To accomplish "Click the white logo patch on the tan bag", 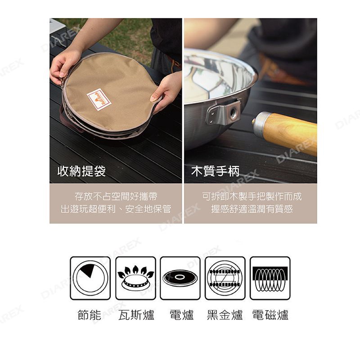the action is point(99,99).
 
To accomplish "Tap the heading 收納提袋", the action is point(81,171).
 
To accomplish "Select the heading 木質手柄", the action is point(216,171).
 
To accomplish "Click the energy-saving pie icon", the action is point(90,278).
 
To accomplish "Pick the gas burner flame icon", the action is point(136,278).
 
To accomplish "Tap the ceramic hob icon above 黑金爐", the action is point(225,278).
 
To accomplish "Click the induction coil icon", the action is point(270,278).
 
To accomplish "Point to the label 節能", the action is point(90,315).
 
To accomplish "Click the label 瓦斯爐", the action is point(136,315).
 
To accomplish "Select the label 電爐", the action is point(182,315).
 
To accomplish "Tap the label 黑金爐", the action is point(225,315).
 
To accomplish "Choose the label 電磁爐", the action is point(270,315).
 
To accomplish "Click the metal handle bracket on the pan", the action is point(223,112).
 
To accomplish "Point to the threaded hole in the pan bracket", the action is point(233,112).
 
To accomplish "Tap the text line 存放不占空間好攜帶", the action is point(116,197).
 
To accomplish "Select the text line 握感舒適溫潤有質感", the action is point(252,209).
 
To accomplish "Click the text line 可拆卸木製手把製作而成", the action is point(252,197).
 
